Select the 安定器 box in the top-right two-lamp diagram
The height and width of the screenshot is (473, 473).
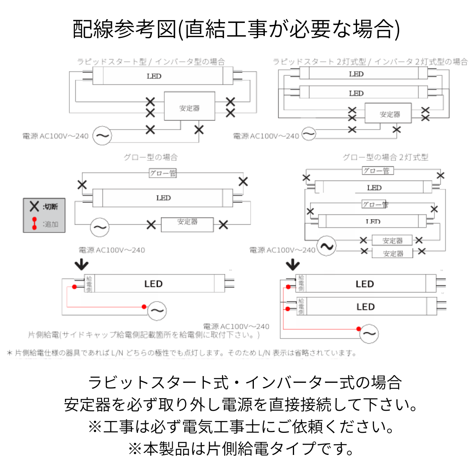388,114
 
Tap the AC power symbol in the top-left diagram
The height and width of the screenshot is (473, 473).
102,136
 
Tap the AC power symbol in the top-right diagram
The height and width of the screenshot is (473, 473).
309,134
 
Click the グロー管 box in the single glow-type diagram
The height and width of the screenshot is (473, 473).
162,173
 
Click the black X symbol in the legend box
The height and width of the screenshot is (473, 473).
34,206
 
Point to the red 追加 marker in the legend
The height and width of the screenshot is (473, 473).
35,223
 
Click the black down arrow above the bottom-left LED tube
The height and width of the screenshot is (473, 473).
82,264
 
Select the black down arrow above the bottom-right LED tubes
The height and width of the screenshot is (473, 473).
292,264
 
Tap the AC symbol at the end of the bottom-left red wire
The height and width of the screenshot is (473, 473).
157,311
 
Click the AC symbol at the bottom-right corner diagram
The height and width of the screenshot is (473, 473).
369,334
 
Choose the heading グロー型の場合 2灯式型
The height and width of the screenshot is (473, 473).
385,157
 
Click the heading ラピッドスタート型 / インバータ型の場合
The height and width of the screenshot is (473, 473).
151,61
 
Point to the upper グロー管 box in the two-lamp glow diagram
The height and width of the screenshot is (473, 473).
377,171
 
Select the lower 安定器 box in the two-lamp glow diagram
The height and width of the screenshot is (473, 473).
393,253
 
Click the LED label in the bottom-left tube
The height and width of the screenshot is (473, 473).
153,284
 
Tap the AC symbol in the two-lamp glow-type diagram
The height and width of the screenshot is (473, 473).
326,246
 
